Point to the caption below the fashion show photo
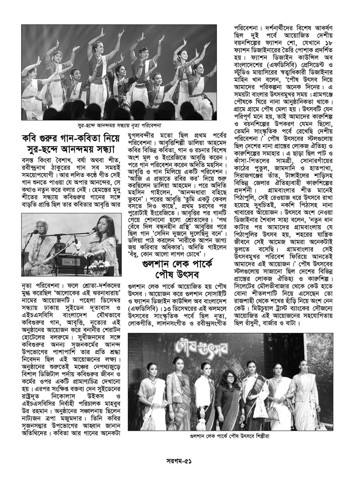pyautogui.click(x=230, y=435)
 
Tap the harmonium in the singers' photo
pyautogui.click(x=69, y=258)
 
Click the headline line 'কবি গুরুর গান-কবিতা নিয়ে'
pyautogui.click(x=71, y=137)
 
